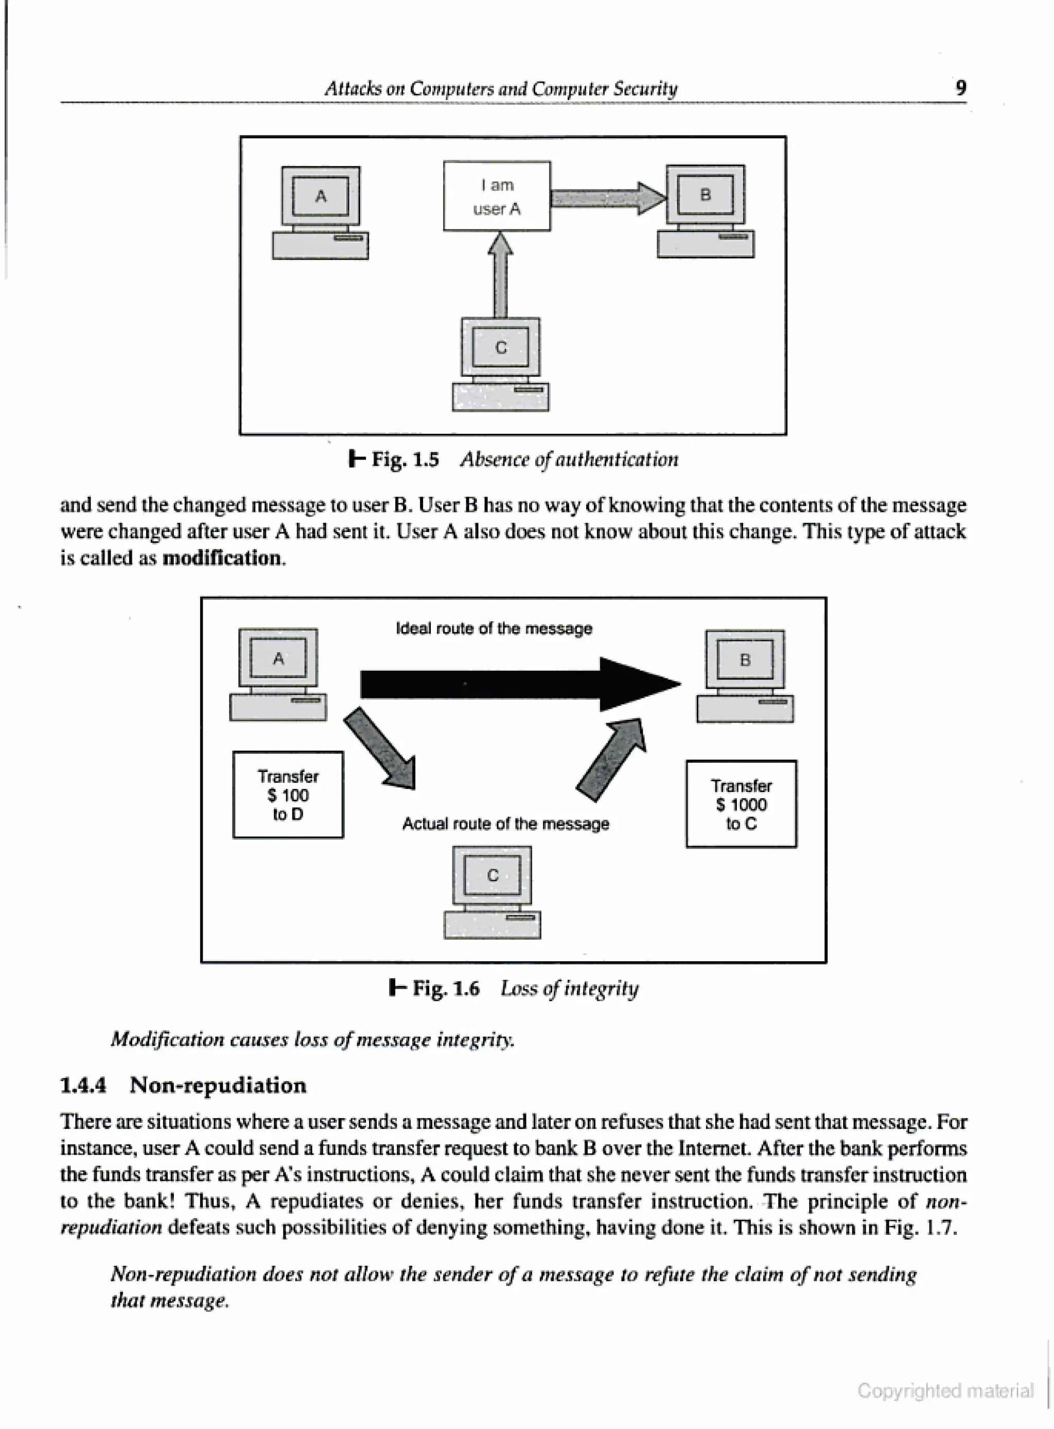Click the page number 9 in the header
961,87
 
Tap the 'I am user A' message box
497,196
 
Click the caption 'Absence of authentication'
569,460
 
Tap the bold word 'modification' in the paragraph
222,558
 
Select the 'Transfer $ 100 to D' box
288,795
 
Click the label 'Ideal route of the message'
494,628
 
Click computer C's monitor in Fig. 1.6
492,875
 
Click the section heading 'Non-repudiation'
218,1085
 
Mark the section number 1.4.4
83,1085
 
